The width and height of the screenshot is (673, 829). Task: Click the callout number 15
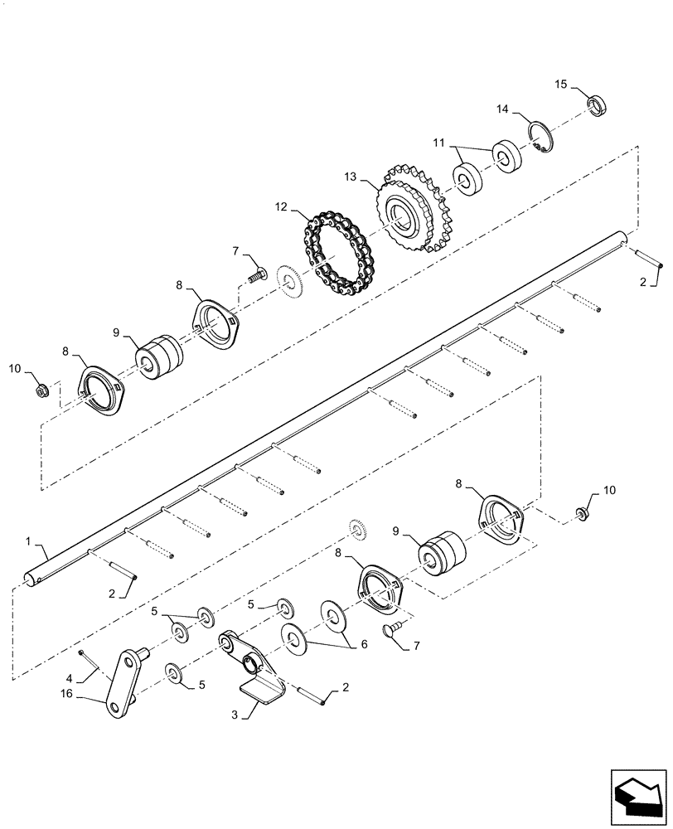coord(560,84)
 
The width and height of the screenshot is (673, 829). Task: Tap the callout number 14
coord(502,109)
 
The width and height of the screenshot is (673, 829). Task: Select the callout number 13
coord(351,176)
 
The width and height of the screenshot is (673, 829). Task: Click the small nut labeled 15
coord(597,105)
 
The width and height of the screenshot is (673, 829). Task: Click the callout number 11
coord(438,142)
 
